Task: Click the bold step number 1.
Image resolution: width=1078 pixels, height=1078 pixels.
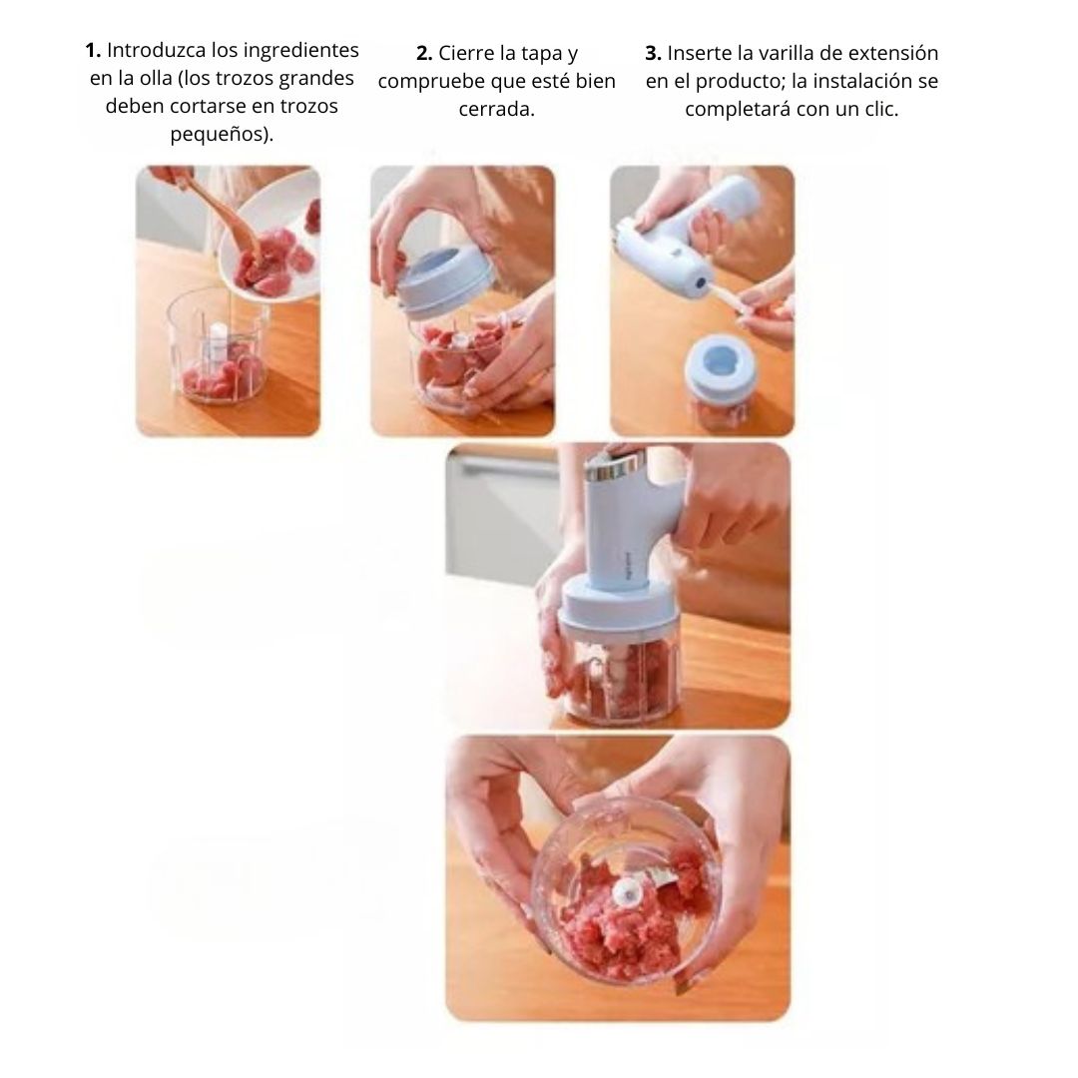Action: (93, 50)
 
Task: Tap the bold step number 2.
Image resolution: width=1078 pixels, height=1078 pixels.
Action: (424, 53)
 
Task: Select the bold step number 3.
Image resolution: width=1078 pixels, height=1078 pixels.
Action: (653, 53)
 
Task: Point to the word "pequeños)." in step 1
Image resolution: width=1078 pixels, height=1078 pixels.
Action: (222, 134)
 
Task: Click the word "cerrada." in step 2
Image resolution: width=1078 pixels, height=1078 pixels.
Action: (496, 110)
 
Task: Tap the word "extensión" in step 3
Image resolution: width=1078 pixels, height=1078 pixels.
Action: (891, 53)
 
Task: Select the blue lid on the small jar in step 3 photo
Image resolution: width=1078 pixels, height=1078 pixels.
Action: (721, 363)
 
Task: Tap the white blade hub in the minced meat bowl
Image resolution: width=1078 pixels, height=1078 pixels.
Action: (627, 893)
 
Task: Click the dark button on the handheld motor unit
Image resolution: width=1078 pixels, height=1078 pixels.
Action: (701, 282)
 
